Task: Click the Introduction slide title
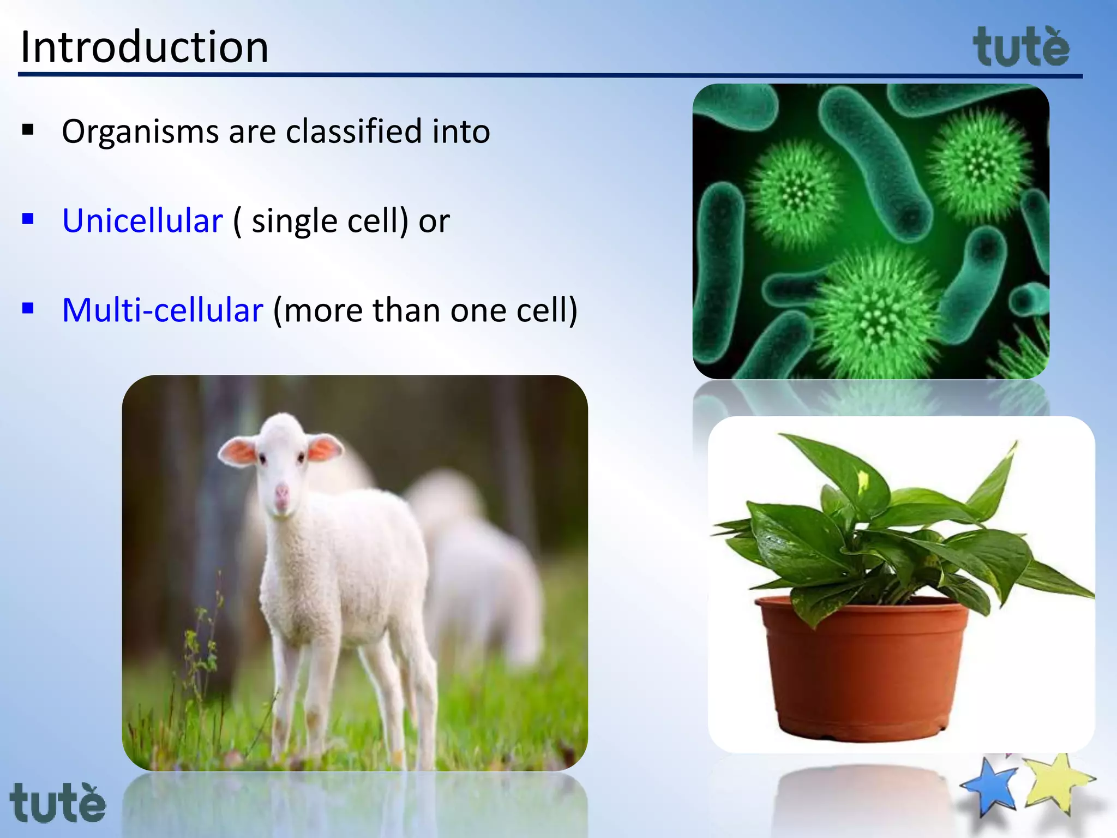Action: pyautogui.click(x=145, y=47)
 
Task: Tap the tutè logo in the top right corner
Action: pyautogui.click(x=1021, y=48)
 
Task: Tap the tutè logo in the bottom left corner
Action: pyautogui.click(x=58, y=803)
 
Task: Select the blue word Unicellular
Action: pyautogui.click(x=142, y=221)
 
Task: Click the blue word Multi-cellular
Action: pyautogui.click(x=163, y=310)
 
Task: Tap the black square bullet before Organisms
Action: pyautogui.click(x=28, y=130)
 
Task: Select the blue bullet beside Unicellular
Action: pyautogui.click(x=28, y=219)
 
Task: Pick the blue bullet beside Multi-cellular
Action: pyautogui.click(x=28, y=309)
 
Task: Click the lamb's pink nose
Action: pyautogui.click(x=281, y=493)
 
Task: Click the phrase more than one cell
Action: pyautogui.click(x=425, y=310)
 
